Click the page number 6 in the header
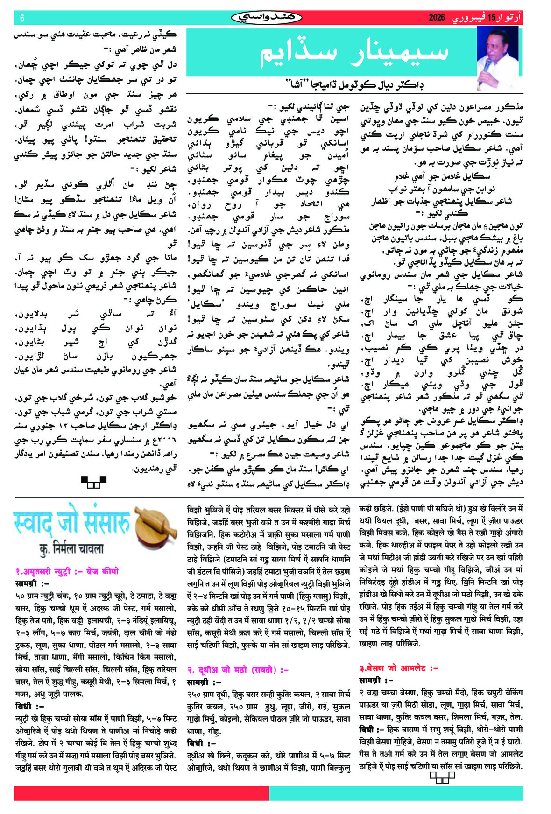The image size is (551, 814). tap(22, 18)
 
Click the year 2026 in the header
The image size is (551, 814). tap(437, 18)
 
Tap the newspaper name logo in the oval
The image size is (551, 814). tap(267, 18)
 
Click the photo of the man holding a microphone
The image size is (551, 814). tap(497, 57)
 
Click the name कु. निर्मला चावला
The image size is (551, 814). tap(71, 549)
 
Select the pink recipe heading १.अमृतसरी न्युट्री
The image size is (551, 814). tap(67, 571)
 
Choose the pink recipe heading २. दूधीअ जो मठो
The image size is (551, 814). tap(238, 670)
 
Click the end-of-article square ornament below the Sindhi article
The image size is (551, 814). tap(93, 482)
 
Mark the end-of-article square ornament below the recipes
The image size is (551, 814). tap(442, 778)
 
